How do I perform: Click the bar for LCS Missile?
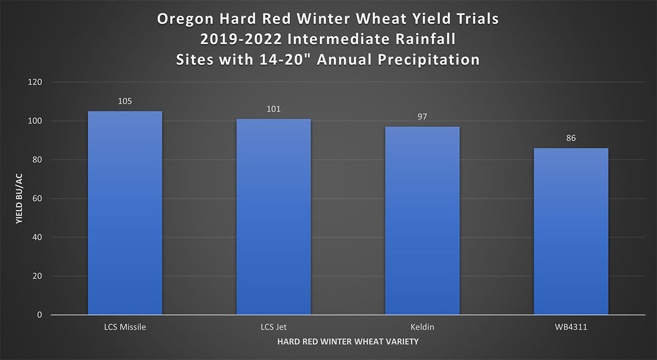(x=125, y=213)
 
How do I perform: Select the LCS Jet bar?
(x=274, y=217)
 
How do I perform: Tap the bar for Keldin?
(x=422, y=220)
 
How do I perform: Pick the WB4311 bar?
(x=571, y=231)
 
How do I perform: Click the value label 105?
(x=125, y=101)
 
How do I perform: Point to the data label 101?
(x=274, y=109)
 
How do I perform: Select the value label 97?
(x=422, y=117)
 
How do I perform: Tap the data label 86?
(x=571, y=138)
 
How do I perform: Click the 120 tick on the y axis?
(x=35, y=83)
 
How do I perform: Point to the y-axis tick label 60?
(x=37, y=199)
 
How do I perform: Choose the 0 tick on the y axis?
(x=39, y=315)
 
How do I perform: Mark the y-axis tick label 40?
(x=37, y=237)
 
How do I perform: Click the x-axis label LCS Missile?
(x=125, y=327)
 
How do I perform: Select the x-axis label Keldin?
(x=422, y=327)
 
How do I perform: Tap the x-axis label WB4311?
(x=571, y=327)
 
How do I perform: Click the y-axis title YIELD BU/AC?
(x=19, y=199)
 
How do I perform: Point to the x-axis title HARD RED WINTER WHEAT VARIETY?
(x=348, y=342)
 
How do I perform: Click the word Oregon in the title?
(x=186, y=19)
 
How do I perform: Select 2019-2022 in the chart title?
(x=241, y=39)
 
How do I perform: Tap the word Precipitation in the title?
(x=429, y=60)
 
